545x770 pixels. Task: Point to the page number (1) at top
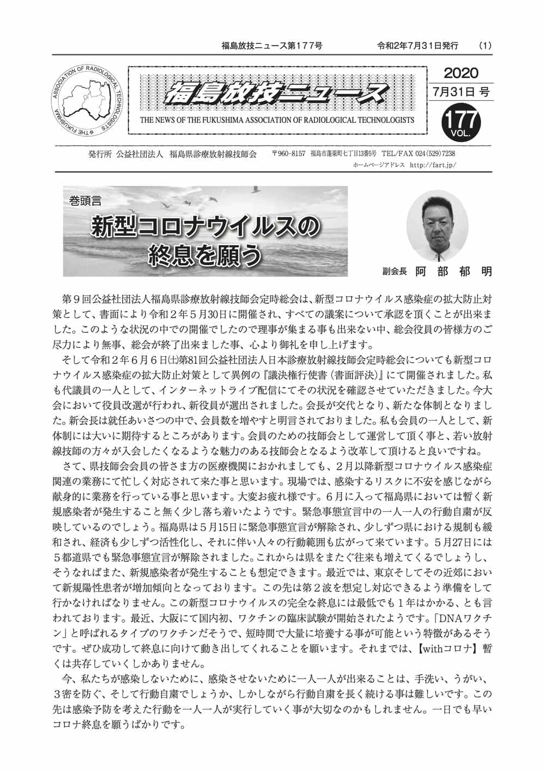(485, 46)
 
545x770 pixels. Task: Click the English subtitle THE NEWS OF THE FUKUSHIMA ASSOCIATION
(277, 120)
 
